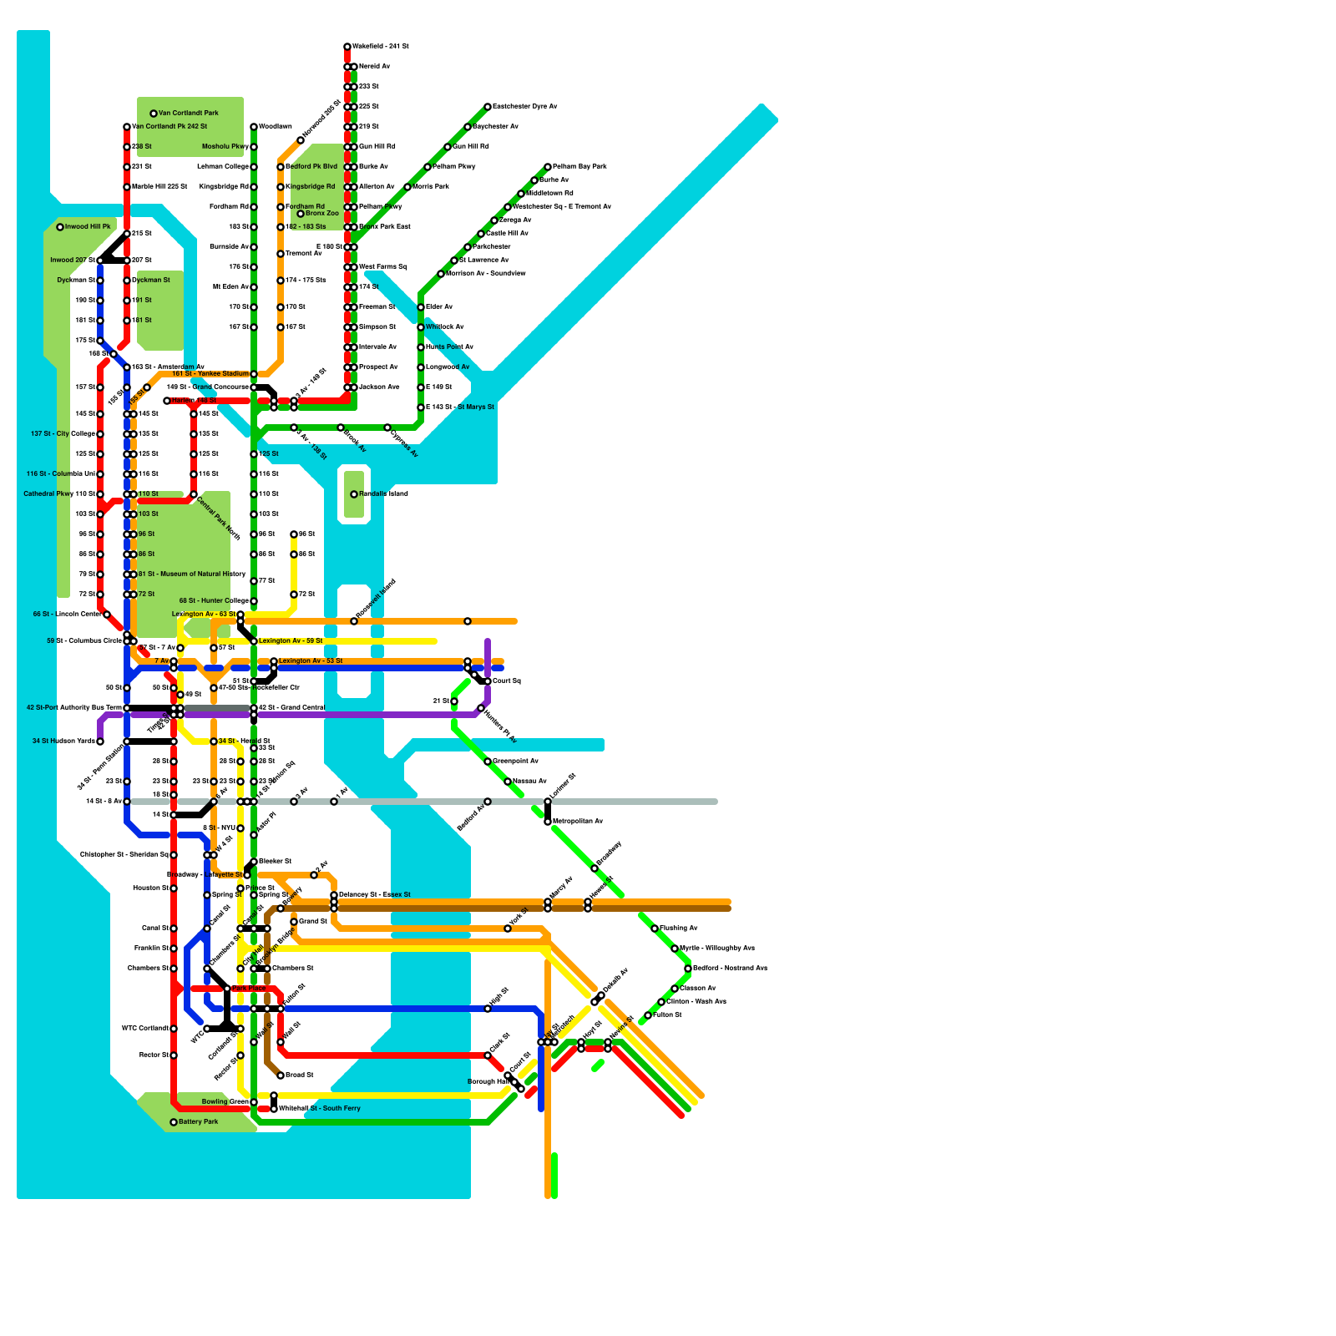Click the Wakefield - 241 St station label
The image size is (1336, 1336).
380,47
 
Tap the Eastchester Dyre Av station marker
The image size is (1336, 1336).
488,107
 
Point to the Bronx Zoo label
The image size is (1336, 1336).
322,214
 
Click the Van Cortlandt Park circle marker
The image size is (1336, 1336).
154,114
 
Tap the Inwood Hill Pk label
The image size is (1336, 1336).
88,227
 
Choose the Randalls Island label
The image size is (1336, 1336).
383,494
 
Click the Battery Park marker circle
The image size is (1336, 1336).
174,1122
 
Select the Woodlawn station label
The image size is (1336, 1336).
275,127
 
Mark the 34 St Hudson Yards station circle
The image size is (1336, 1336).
100,741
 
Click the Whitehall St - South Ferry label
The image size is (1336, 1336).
319,1109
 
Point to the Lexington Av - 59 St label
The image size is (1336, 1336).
290,641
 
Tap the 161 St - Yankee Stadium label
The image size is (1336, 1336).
210,374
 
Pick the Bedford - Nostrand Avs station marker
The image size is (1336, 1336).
688,969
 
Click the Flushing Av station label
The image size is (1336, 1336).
678,929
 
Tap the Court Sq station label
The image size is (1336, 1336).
506,681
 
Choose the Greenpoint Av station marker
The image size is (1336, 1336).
488,762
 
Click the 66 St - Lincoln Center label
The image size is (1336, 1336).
67,615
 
